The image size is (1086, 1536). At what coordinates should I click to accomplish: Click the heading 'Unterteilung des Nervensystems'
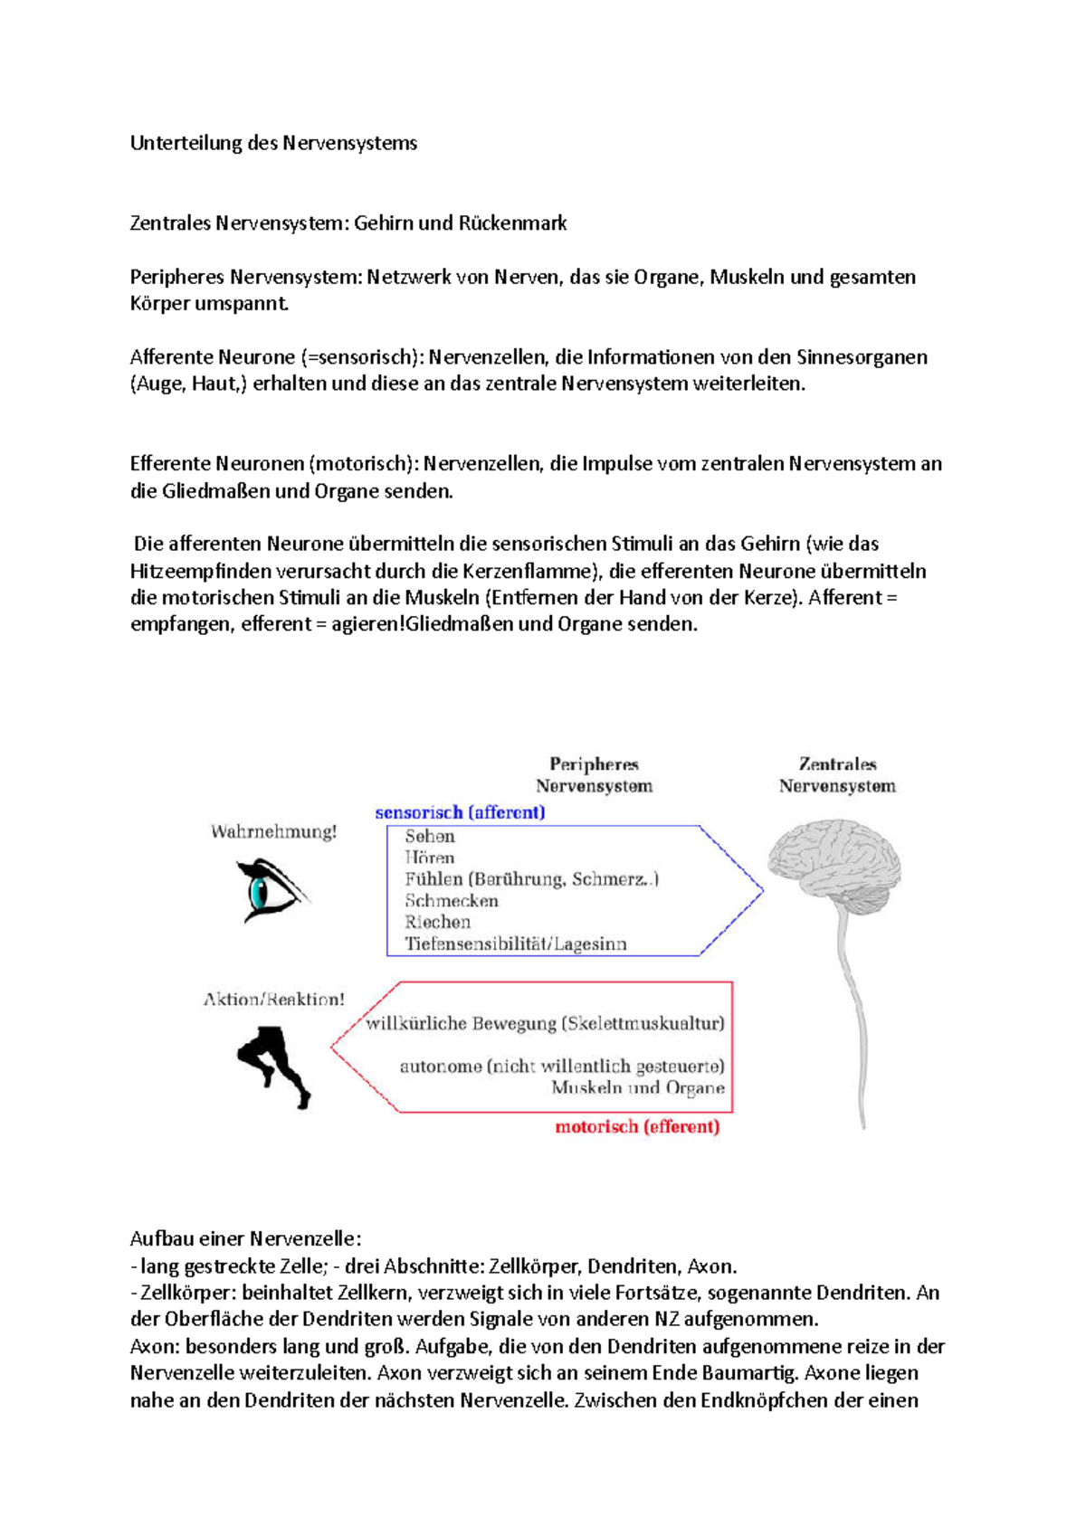tap(273, 143)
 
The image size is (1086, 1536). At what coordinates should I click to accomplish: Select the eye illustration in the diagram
tap(269, 891)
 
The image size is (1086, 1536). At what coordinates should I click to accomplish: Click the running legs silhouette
tap(273, 1065)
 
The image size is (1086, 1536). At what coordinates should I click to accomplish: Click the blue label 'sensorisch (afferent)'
tap(460, 812)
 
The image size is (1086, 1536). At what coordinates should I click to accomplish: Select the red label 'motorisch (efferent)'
tap(637, 1127)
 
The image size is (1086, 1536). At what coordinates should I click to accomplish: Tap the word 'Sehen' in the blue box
tap(430, 837)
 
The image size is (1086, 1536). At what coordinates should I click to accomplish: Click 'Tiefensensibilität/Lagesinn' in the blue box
tap(515, 944)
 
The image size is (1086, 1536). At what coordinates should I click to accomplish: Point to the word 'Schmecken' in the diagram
tap(452, 901)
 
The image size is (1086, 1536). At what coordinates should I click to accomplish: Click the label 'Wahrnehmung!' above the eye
tap(273, 832)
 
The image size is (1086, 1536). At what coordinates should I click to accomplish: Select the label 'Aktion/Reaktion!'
tap(273, 1000)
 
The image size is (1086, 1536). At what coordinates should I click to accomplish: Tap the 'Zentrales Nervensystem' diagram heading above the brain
tap(837, 775)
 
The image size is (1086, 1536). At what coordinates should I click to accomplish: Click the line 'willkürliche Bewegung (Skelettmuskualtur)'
tap(545, 1024)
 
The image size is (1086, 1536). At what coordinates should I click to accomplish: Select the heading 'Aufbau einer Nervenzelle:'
tap(245, 1238)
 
